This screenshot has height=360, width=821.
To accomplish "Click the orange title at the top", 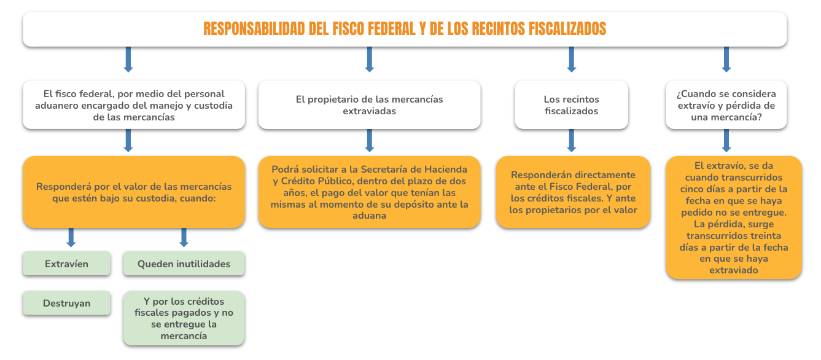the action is [405, 29].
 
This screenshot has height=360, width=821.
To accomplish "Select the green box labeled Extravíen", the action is [67, 263].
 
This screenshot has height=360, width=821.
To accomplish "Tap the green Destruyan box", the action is [67, 303].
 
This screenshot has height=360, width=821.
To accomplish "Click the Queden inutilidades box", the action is [184, 263].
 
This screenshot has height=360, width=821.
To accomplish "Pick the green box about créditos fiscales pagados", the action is [184, 318].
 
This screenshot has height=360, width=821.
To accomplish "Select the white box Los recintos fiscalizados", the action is [572, 105].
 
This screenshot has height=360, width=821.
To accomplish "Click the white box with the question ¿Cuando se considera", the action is [726, 105].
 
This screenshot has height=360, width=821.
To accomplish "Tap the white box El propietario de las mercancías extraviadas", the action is [370, 105].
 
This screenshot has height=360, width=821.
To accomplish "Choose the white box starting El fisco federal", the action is [134, 105].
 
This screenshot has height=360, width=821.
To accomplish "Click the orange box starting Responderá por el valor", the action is [134, 192].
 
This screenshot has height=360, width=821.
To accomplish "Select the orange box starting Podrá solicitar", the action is [370, 192].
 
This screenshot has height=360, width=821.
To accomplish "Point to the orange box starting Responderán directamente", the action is [574, 192].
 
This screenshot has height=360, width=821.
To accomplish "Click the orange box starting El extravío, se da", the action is [734, 217].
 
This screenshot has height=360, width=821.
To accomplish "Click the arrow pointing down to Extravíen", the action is [71, 237].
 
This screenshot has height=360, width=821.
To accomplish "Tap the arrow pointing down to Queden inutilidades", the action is [184, 237].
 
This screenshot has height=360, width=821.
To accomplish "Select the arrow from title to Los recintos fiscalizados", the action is [572, 60].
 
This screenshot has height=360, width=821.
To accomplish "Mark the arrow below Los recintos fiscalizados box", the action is [572, 141].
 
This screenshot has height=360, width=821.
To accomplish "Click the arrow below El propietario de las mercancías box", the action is [370, 141].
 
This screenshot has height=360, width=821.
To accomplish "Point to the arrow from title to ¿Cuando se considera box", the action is [726, 60].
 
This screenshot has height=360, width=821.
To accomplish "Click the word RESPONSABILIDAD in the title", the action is [254, 29].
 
